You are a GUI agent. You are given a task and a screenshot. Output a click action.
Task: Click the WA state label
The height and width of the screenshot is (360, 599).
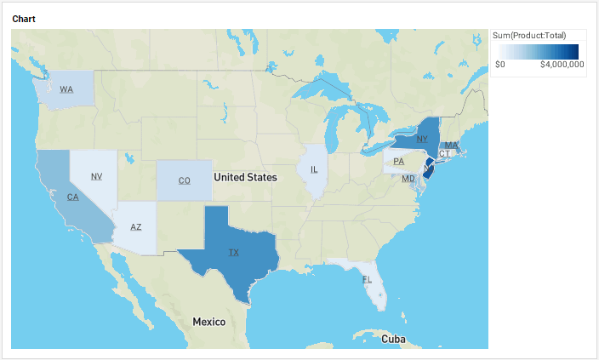[66, 89]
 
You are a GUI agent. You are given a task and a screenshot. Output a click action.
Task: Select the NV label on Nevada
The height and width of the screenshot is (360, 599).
[96, 176]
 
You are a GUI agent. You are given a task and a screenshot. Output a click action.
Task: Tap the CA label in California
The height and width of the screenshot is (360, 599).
[73, 197]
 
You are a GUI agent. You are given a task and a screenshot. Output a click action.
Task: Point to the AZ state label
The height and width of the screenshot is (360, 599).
[136, 226]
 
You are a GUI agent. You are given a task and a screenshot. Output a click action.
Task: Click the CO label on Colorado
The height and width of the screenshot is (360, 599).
[184, 180]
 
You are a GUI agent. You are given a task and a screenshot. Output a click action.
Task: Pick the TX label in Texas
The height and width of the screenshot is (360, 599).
[234, 253]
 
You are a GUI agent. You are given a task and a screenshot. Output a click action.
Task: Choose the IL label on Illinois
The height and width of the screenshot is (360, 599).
[314, 169]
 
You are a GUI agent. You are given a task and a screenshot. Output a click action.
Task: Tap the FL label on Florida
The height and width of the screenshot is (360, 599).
[367, 279]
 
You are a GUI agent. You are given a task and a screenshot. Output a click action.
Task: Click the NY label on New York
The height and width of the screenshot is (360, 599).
[422, 138]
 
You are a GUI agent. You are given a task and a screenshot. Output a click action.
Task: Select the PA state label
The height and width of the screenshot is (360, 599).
[398, 161]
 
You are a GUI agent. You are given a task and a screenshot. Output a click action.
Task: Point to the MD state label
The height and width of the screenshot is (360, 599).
[408, 179]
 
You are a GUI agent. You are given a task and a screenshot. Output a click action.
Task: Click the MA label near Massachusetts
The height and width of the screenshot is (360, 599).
[451, 146]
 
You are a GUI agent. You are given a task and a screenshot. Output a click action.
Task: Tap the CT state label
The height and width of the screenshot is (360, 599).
[444, 154]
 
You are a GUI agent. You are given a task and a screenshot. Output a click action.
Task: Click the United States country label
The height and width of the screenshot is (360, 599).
[245, 177]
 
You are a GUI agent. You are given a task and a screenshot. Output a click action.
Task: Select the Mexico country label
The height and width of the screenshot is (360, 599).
[208, 322]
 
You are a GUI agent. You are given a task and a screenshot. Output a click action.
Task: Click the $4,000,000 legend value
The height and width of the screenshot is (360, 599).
[562, 64]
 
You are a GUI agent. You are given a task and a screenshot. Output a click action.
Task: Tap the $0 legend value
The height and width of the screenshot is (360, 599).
[500, 64]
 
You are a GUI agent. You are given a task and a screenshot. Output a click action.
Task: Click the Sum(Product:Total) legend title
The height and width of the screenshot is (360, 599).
[529, 35]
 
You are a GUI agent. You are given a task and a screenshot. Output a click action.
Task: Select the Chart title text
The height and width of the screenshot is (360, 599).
[24, 18]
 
